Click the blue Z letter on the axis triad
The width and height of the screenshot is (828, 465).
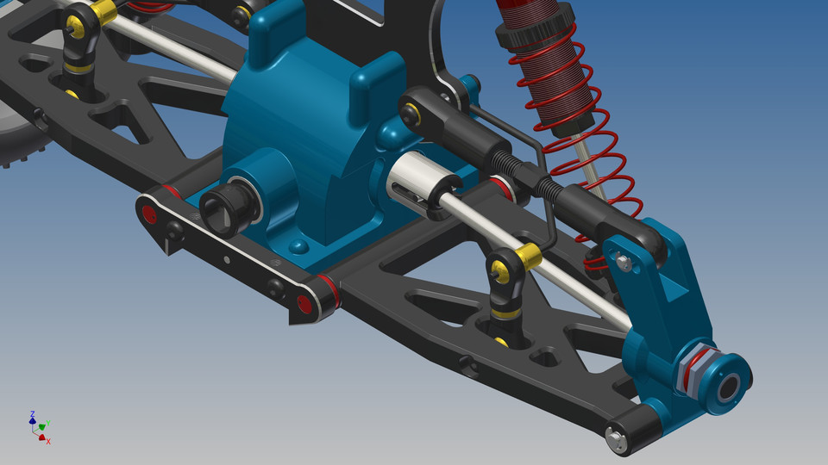pos(32,415)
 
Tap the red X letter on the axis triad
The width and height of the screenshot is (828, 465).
pos(48,442)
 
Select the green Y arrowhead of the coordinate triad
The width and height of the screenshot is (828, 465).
pos(43,425)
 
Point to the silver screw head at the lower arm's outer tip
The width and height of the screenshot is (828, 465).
pos(616,437)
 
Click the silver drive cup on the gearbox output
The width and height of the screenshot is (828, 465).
pos(411,185)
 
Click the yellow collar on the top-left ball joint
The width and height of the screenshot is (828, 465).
pos(103,12)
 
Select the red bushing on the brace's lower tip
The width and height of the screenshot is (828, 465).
pos(303,304)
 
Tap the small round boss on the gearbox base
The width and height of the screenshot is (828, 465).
pos(298,248)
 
